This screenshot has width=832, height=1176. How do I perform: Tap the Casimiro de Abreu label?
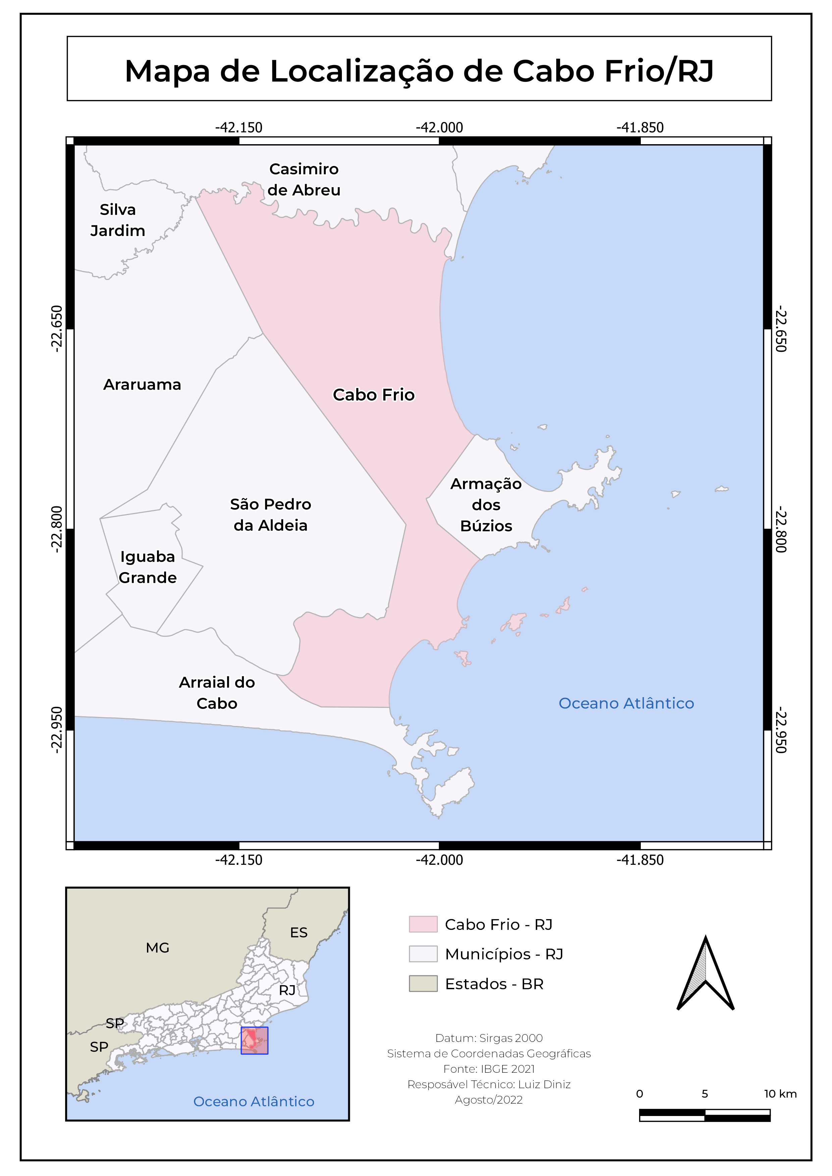[304, 180]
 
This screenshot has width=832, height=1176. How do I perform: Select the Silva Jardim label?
[118, 220]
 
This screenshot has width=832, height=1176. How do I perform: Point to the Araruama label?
[143, 385]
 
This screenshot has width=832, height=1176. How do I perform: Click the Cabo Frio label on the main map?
[373, 395]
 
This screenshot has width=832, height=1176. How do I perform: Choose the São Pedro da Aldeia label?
[270, 515]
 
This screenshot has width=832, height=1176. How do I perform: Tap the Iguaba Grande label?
[148, 567]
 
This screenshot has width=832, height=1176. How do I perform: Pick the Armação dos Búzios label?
[486, 505]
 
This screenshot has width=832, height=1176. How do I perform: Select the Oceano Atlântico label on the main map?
[626, 703]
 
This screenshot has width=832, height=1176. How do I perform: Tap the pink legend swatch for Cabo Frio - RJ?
[423, 925]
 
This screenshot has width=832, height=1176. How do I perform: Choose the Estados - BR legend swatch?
[423, 984]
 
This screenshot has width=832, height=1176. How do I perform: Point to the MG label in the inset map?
[157, 948]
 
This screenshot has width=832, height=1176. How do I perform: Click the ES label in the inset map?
[299, 933]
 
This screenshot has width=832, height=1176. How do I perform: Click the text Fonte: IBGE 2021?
[489, 1069]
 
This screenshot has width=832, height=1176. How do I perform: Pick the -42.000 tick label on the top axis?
[439, 127]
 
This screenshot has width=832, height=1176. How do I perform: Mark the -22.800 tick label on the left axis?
[57, 529]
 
